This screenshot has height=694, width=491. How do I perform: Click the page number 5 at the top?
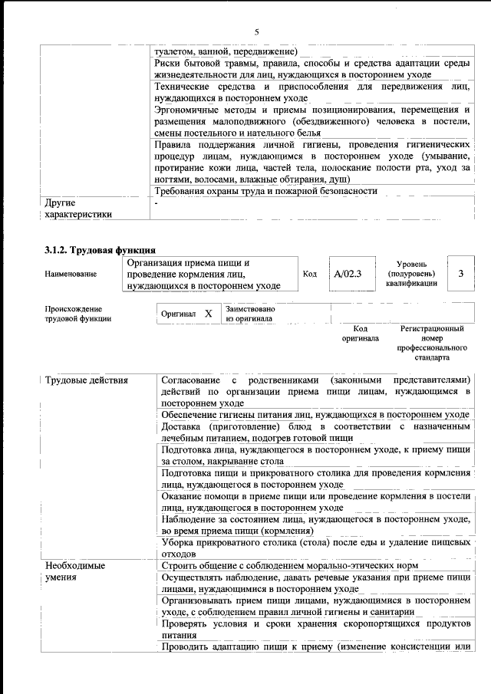point(256,31)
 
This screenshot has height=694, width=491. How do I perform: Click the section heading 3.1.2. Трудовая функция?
point(101,250)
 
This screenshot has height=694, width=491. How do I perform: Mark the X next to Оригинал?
point(208,314)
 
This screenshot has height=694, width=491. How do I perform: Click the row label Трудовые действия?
point(87,380)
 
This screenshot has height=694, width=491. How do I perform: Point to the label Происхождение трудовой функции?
point(78,314)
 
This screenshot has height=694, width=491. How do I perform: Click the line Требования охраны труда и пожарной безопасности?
point(265,191)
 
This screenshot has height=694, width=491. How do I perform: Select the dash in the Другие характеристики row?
point(156,204)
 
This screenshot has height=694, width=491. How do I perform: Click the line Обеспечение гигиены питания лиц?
point(315,415)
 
